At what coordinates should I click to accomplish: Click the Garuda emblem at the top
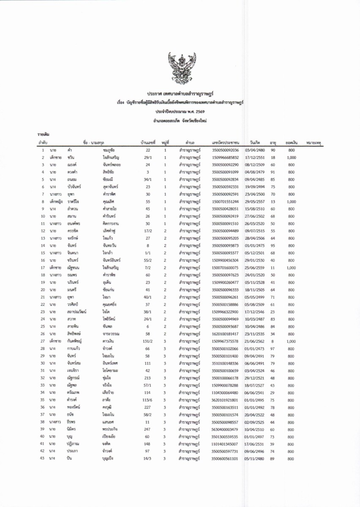click(180, 68)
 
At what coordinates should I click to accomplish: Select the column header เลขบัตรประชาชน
click(226, 143)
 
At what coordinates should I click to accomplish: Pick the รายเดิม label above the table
click(44, 134)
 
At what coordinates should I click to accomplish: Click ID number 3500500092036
click(225, 150)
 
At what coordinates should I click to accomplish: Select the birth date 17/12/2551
click(255, 158)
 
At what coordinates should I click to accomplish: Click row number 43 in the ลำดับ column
click(43, 458)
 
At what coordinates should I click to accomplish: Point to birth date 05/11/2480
click(255, 458)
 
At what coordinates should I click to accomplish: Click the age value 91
click(273, 172)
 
